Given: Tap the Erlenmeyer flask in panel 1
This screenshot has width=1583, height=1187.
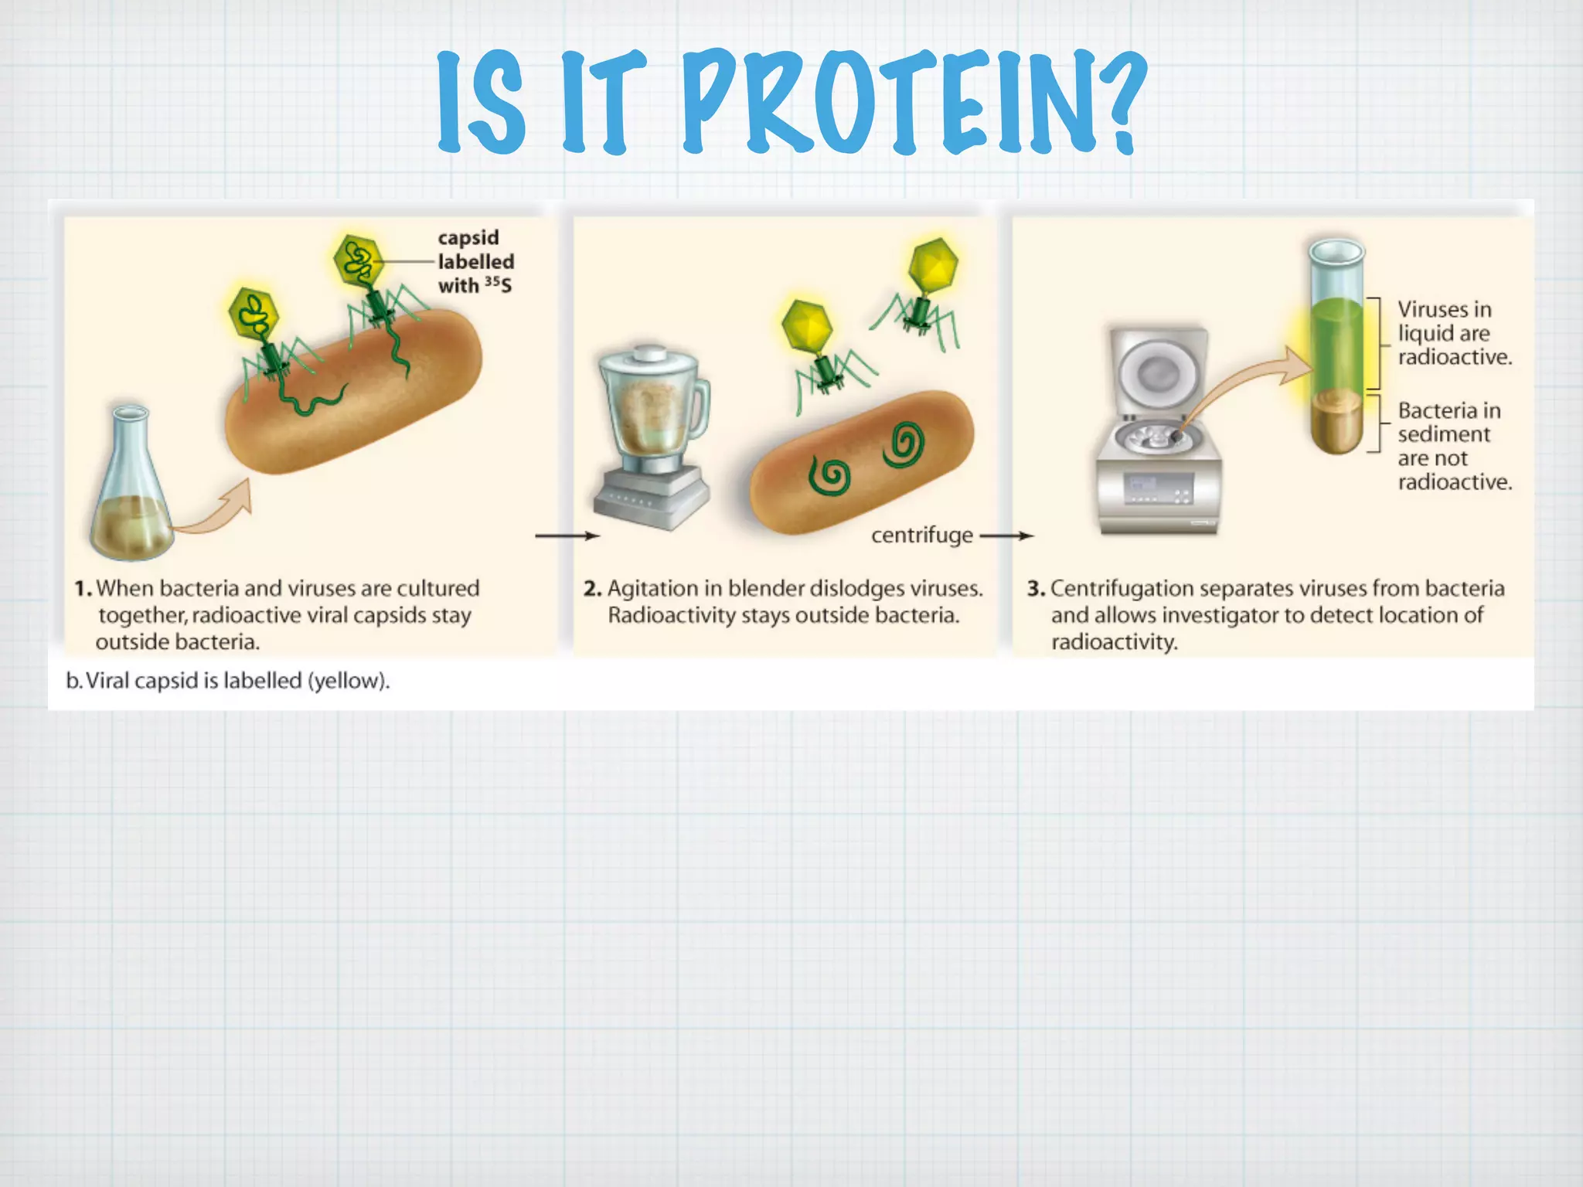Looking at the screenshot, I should [x=129, y=495].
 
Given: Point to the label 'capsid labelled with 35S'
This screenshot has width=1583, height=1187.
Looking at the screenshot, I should [x=475, y=261].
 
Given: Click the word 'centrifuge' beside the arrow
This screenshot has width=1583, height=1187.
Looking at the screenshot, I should [x=921, y=535].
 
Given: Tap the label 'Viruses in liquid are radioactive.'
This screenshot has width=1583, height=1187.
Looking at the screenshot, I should [x=1453, y=333].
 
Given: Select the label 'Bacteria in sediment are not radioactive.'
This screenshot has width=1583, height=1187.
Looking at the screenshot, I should [x=1453, y=446].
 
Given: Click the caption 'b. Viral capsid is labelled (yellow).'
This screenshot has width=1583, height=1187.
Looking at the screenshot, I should [x=228, y=681].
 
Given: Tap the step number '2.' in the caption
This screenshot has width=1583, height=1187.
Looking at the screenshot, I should [x=592, y=589].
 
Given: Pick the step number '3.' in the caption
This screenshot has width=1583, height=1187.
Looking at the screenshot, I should [x=1035, y=589].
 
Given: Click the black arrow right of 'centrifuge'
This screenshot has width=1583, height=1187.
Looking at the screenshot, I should [x=1007, y=536].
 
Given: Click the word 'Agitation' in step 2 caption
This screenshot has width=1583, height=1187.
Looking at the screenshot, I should [x=652, y=589].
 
